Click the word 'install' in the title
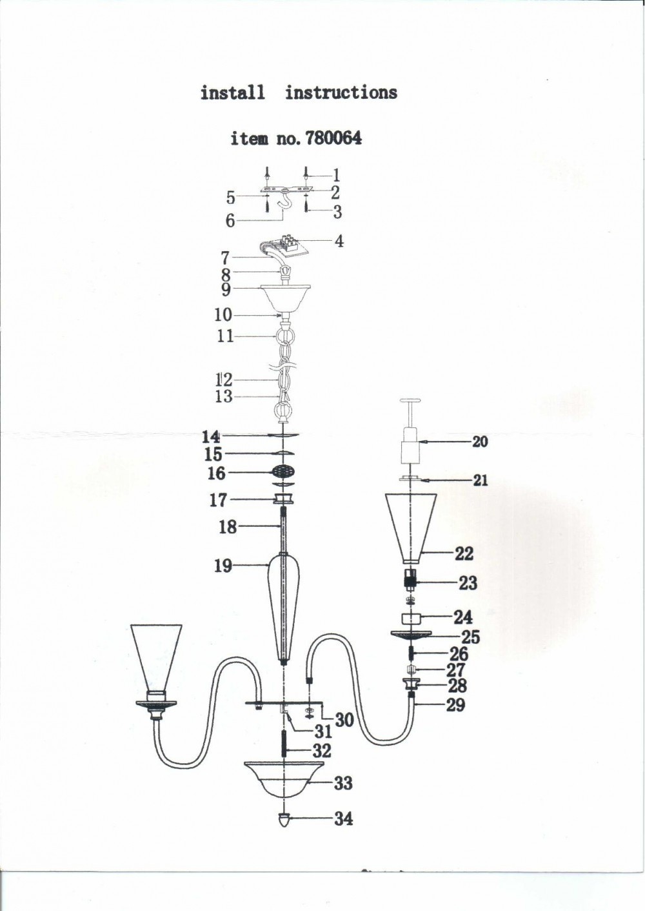pos(232,92)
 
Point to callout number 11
pos(226,336)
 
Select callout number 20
pos(480,442)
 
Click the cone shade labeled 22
pos(411,528)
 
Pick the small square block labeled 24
pos(411,619)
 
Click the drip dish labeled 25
pos(411,635)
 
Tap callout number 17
pos(218,500)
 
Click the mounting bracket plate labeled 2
pos(286,189)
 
